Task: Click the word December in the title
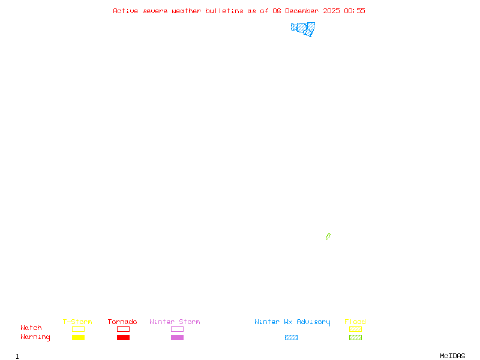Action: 302,11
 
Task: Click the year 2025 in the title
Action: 331,11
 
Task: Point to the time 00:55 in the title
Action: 355,11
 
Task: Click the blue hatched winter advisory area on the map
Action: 302,28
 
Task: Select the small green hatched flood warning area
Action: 328,236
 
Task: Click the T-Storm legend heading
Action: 77,322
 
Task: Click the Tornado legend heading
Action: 122,322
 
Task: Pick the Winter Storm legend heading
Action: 175,322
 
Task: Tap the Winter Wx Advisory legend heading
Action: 292,322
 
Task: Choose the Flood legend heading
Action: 355,322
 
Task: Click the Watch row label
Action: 31,328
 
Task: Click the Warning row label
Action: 35,337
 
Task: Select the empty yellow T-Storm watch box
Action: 79,329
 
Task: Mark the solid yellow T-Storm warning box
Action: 79,337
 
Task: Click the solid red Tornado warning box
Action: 124,337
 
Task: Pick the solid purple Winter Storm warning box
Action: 177,337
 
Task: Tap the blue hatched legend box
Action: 291,337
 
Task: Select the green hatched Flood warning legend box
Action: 355,337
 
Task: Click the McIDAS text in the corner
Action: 452,356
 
